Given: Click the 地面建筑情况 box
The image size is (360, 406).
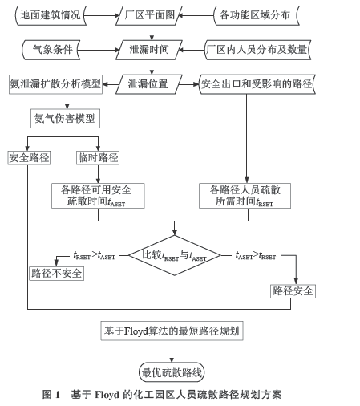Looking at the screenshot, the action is click(51, 15).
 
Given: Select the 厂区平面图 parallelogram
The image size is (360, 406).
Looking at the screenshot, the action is click(149, 15).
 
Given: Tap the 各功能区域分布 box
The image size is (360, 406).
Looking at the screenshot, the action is click(257, 15).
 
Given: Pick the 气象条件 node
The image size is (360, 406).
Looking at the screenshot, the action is click(51, 50).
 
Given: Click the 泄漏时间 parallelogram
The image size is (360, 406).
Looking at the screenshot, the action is click(149, 50).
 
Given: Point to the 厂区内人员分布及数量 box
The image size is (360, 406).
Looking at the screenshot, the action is click(257, 50).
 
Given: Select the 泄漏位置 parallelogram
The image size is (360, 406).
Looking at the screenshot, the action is click(149, 84).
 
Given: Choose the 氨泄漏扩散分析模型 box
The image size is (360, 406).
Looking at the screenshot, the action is click(55, 84).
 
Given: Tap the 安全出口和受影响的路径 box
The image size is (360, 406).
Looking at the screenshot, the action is click(257, 84).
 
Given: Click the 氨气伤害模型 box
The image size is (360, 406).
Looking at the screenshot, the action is click(65, 118).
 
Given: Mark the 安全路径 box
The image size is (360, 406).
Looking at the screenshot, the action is click(29, 158).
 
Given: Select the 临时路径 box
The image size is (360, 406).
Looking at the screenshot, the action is click(98, 158).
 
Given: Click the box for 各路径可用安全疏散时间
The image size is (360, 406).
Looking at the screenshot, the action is click(98, 196).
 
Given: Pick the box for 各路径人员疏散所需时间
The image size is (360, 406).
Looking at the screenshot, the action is click(245, 196).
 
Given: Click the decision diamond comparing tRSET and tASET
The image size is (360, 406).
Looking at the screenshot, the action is click(175, 255).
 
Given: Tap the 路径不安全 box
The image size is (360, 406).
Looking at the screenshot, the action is click(57, 274).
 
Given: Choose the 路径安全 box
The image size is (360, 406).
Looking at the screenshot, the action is click(293, 291).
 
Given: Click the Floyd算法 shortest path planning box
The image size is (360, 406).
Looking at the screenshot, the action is click(172, 331).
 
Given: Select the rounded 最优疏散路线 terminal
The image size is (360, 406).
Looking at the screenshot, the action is click(172, 372).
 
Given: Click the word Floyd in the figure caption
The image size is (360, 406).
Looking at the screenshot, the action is click(107, 395).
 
